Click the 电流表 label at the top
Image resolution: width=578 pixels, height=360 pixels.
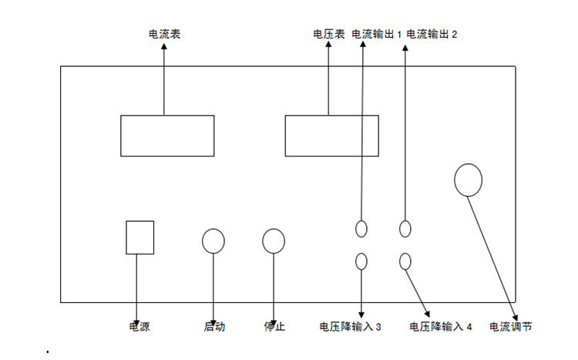tap(164, 35)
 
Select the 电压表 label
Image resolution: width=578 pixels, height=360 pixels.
tap(328, 35)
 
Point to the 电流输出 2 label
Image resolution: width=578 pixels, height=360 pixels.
tap(432, 35)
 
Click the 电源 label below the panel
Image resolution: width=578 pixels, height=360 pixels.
tap(139, 327)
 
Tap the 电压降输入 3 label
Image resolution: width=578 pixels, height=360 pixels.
tap(351, 327)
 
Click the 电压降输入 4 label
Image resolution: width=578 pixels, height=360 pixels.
tap(440, 327)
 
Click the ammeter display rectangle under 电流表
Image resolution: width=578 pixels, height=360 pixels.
tap(167, 136)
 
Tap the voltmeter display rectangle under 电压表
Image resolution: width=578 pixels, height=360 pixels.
tap(331, 136)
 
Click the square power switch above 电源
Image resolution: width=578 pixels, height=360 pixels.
tap(139, 237)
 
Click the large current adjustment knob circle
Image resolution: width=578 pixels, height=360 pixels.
tap(468, 180)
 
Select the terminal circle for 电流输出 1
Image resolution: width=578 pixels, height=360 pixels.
tap(361, 228)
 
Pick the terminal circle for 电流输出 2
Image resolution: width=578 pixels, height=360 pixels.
tap(405, 228)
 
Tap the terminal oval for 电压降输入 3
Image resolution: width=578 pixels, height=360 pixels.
tap(361, 261)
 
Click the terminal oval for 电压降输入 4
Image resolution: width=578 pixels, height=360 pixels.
tap(405, 261)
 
